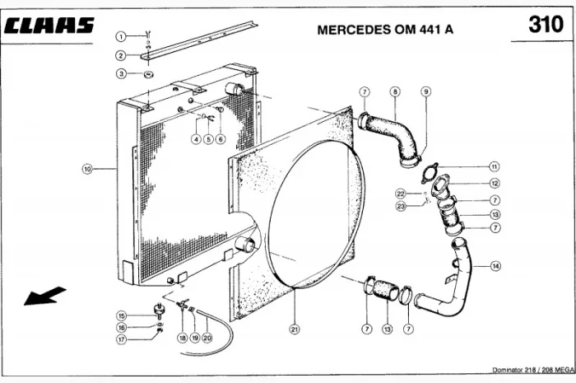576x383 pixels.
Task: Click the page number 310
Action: point(546,26)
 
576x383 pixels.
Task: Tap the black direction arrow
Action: point(44,294)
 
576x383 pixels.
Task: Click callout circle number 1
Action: point(120,36)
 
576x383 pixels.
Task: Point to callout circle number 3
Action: point(120,74)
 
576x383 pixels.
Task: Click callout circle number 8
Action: point(395,91)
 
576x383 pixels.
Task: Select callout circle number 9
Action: point(425,91)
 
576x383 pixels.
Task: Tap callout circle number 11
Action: point(494,166)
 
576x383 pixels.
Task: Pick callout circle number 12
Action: point(494,183)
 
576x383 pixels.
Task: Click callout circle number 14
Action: point(495,265)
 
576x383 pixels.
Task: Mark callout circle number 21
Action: point(294,329)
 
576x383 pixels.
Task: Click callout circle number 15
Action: point(121,315)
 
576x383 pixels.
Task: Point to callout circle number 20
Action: point(207,338)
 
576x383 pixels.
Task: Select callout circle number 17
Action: point(121,339)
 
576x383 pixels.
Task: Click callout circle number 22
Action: point(401,194)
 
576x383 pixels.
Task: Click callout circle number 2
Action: point(120,55)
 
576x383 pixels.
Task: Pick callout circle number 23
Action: point(401,206)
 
